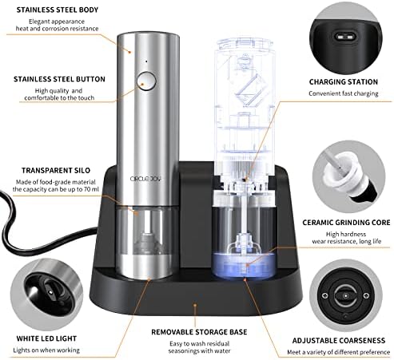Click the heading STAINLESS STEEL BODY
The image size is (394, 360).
(x=58, y=10)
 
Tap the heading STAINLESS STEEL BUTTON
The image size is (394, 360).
(x=59, y=79)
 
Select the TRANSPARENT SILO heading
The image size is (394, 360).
(x=56, y=170)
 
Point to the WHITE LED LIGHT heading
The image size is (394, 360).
(x=46, y=338)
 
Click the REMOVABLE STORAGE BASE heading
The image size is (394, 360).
(x=199, y=332)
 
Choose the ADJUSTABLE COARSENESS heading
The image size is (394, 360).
(x=339, y=341)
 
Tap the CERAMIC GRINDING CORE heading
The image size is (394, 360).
(x=346, y=223)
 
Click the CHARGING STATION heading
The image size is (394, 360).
(x=344, y=82)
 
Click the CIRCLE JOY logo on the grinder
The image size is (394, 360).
(x=146, y=179)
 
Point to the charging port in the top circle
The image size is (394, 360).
(x=344, y=36)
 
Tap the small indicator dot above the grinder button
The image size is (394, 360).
(x=146, y=61)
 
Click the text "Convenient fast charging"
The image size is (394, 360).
(x=344, y=93)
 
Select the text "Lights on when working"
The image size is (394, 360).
(x=46, y=350)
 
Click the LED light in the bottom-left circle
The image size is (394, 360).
(x=50, y=292)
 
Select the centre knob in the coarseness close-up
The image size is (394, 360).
(x=345, y=296)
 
